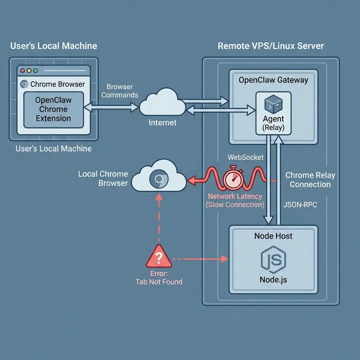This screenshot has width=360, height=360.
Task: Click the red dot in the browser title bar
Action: pyautogui.click(x=23, y=71)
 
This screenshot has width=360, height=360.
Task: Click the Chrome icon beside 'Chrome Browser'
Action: pyautogui.click(x=24, y=84)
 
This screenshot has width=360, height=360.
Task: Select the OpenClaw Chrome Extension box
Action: pyautogui.click(x=53, y=109)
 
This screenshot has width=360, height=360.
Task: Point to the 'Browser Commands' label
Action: pyautogui.click(x=120, y=91)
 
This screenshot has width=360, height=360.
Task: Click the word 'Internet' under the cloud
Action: pyautogui.click(x=162, y=123)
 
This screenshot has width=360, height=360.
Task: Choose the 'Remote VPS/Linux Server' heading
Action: pyautogui.click(x=271, y=46)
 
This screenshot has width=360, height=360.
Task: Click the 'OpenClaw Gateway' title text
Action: pyautogui.click(x=273, y=80)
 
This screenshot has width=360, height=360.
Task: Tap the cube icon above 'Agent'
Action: pyautogui.click(x=273, y=104)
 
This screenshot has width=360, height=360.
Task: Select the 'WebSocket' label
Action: pyautogui.click(x=245, y=157)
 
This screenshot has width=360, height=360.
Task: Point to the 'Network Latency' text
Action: pyautogui.click(x=235, y=197)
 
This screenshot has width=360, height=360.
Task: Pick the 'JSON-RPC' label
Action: pyautogui.click(x=300, y=205)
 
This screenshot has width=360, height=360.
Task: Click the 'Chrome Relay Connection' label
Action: pyautogui.click(x=310, y=180)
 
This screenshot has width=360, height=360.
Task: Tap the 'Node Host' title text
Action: pyautogui.click(x=273, y=236)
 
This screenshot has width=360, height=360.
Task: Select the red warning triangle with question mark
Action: pyautogui.click(x=159, y=257)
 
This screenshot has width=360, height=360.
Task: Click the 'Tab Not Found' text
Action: pyautogui.click(x=159, y=282)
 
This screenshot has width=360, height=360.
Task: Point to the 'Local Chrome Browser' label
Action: pyautogui.click(x=103, y=178)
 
